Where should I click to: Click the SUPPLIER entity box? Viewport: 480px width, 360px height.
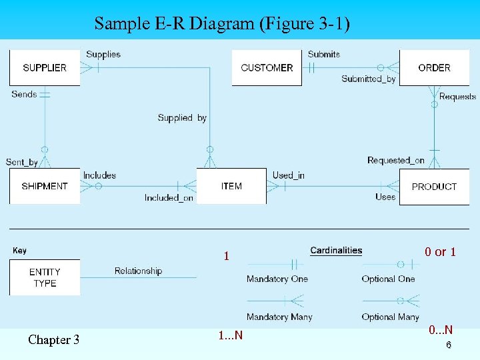[45, 67]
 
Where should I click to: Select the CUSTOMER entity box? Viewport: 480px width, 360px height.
[267, 68]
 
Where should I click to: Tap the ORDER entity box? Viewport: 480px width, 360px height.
[434, 68]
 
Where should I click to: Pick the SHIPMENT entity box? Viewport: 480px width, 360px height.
[45, 186]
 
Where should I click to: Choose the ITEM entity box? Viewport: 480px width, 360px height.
[231, 186]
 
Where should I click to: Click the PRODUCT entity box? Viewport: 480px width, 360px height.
[434, 187]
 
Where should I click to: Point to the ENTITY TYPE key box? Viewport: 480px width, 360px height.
[45, 277]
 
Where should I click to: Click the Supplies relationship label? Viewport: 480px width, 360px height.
[103, 54]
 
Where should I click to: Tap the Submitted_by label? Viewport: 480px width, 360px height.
[369, 79]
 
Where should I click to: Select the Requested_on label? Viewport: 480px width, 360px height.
[396, 160]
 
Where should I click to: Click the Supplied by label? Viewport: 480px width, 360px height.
[182, 118]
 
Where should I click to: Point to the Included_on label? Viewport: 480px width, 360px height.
[169, 197]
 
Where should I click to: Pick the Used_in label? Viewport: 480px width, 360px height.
[289, 175]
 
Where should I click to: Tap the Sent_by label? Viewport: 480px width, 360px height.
[22, 162]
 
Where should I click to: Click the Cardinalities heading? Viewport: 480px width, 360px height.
[336, 251]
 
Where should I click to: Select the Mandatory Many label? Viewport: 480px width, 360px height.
[279, 317]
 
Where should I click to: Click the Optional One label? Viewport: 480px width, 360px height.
[388, 279]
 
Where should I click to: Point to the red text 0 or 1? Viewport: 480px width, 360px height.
[440, 252]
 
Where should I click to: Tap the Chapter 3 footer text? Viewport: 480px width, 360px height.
[53, 340]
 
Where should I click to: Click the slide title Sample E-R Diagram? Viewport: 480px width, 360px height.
[221, 24]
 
